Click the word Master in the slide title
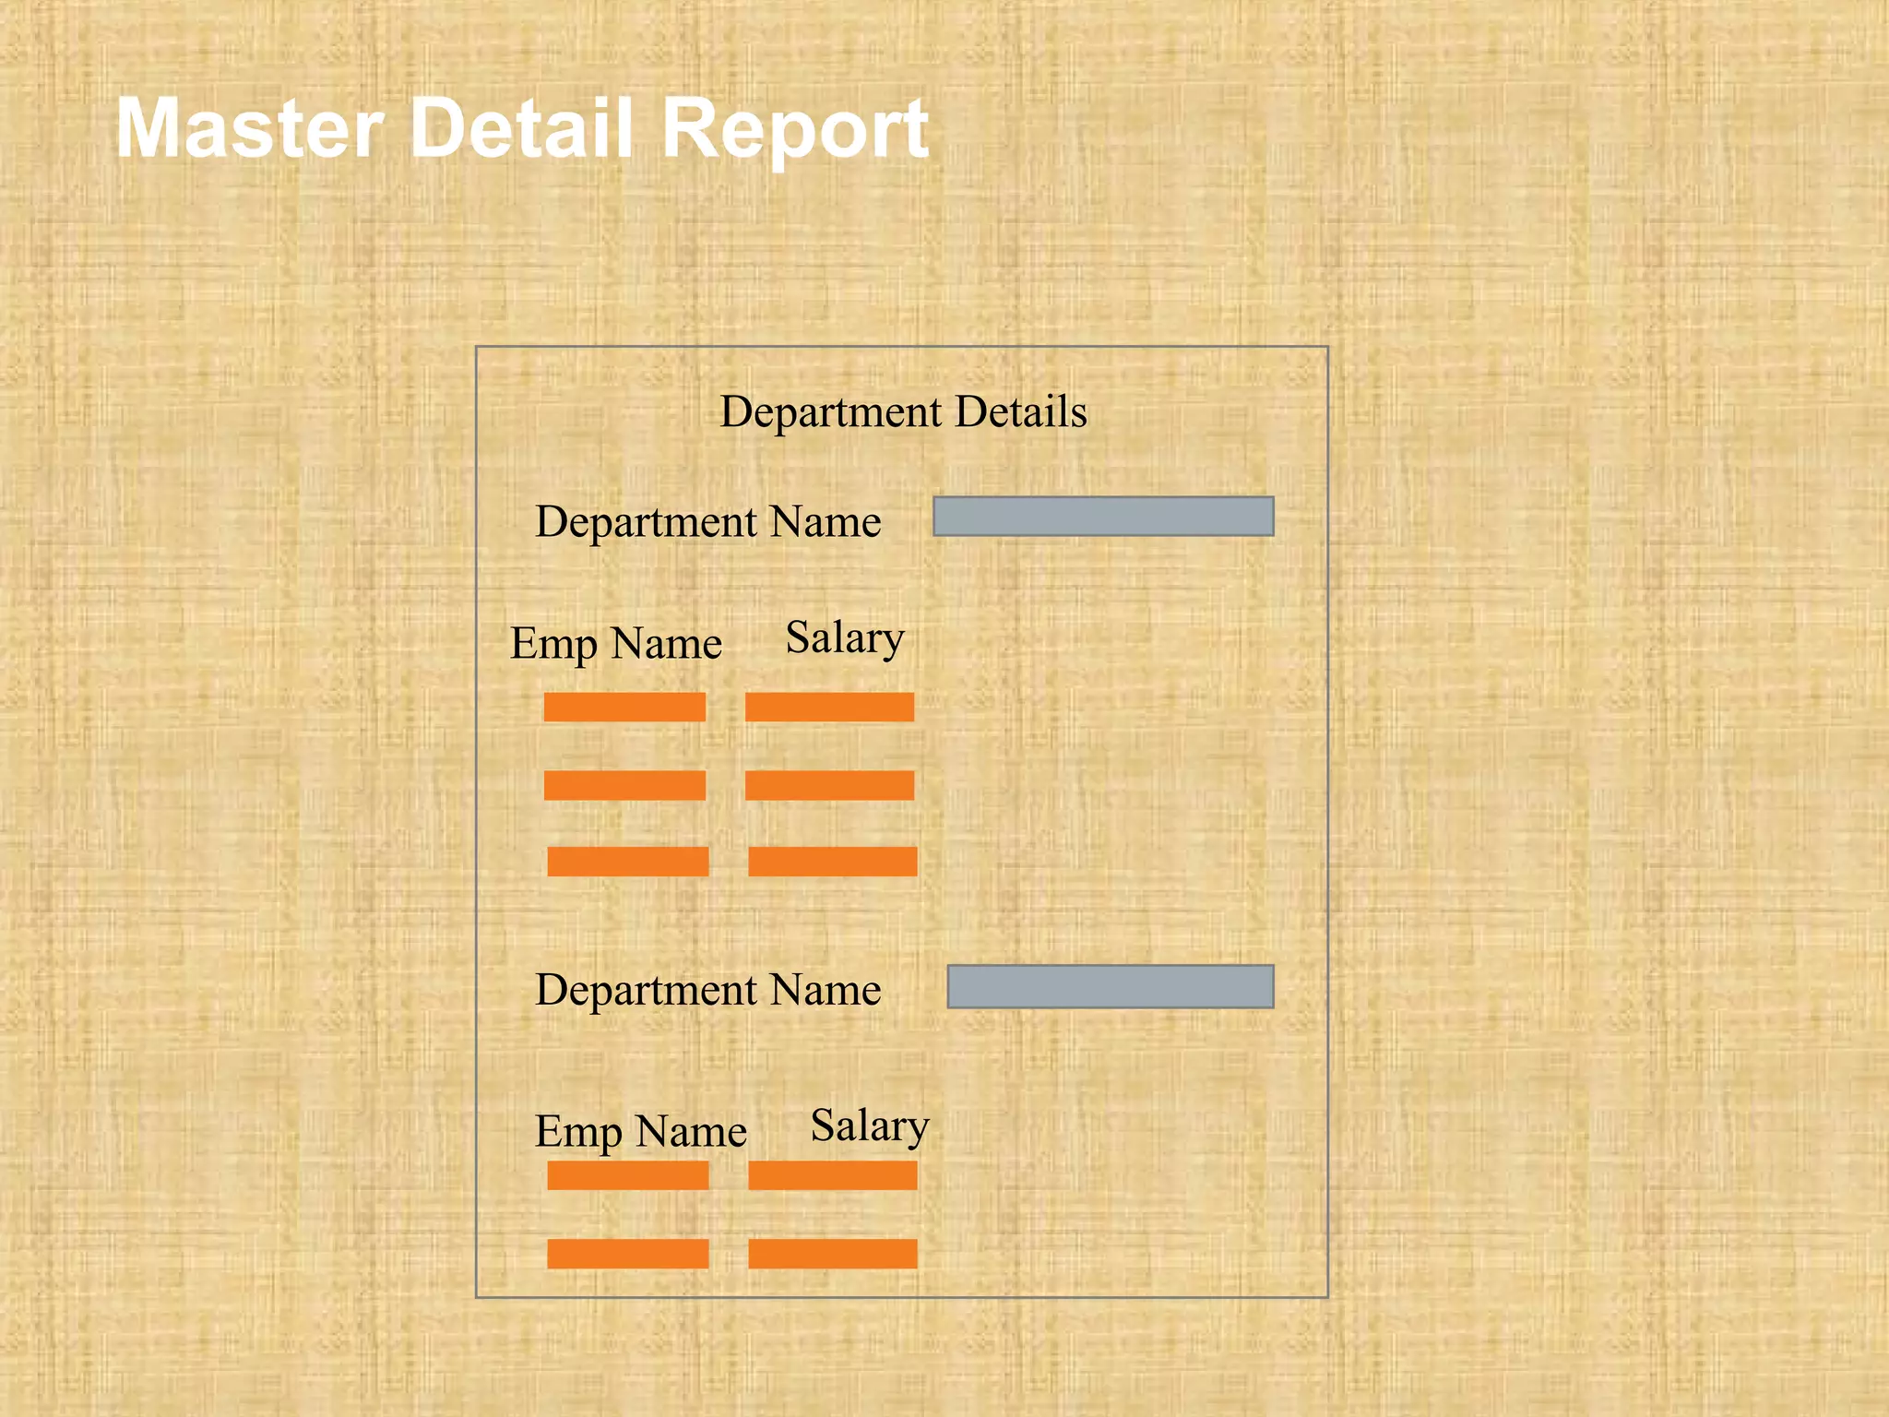tap(249, 129)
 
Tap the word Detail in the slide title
tap(521, 129)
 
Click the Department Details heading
tap(903, 411)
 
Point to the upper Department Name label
tap(707, 522)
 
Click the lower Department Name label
tap(707, 990)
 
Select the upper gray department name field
tap(1103, 517)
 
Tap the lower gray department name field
tap(1111, 986)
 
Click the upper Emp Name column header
tap(616, 644)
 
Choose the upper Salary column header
tap(845, 638)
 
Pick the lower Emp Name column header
tap(640, 1132)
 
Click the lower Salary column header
tap(869, 1126)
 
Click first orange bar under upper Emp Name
tap(624, 707)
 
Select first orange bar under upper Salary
tap(829, 707)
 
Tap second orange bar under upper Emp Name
tap(624, 785)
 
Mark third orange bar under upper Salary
tap(833, 861)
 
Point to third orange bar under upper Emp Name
tap(628, 861)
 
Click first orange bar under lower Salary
tap(833, 1175)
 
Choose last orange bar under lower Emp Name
tap(628, 1254)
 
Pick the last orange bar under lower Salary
tap(833, 1254)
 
